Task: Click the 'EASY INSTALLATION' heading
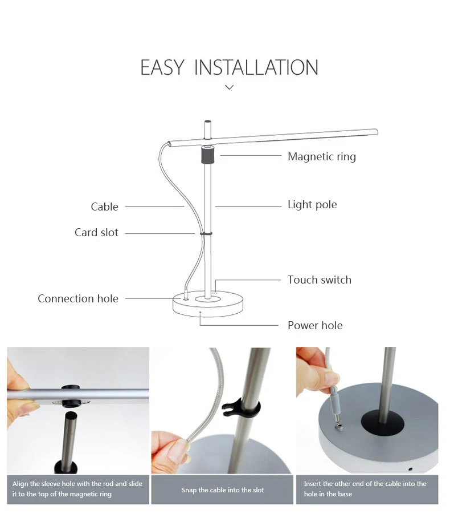[x=230, y=67]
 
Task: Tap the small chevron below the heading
[x=230, y=87]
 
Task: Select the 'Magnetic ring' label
[x=322, y=156]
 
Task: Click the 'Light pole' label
[x=312, y=204]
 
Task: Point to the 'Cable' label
[x=104, y=207]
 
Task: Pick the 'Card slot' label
[x=96, y=233]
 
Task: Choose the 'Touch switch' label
[x=320, y=280]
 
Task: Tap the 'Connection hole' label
[x=78, y=298]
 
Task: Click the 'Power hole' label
[x=315, y=325]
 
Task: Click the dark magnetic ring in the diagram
[x=207, y=155]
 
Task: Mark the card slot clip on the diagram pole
[x=206, y=233]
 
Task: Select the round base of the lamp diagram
[x=208, y=304]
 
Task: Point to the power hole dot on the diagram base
[x=201, y=312]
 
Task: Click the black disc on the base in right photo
[x=382, y=423]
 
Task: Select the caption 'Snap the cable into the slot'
[x=223, y=490]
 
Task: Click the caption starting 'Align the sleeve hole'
[x=77, y=489]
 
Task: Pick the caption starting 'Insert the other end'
[x=365, y=489]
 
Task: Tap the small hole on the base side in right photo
[x=410, y=469]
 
